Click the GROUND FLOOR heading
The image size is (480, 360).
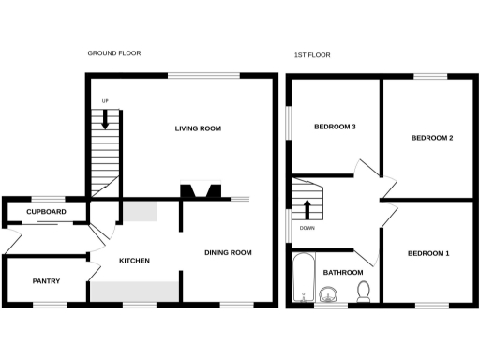tap(114, 53)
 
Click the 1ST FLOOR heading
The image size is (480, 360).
tap(312, 55)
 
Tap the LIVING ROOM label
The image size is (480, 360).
tap(198, 128)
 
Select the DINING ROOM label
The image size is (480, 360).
tap(229, 252)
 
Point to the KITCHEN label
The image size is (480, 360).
tap(134, 260)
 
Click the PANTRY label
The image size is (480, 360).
tap(47, 280)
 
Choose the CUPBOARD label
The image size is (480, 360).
tap(46, 213)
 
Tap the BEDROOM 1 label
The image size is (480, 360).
tap(428, 254)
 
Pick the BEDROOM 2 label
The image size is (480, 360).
tap(432, 138)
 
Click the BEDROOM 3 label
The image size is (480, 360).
tap(335, 127)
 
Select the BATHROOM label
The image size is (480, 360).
tap(343, 273)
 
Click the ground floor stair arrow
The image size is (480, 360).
tap(106, 119)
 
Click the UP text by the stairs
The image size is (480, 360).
tap(106, 101)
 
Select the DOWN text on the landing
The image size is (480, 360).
tap(307, 228)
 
